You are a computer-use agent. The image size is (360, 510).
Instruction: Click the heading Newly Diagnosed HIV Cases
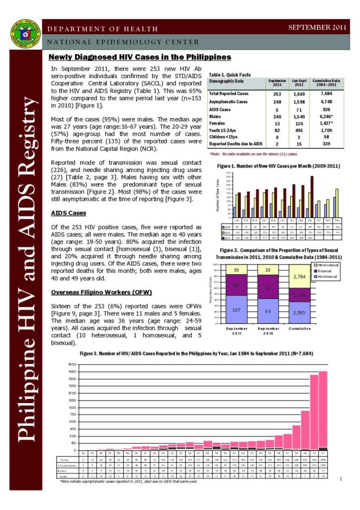tap(140, 57)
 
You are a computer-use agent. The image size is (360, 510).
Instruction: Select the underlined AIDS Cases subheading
tap(65, 212)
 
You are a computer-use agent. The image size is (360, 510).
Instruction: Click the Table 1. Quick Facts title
tap(232, 75)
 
